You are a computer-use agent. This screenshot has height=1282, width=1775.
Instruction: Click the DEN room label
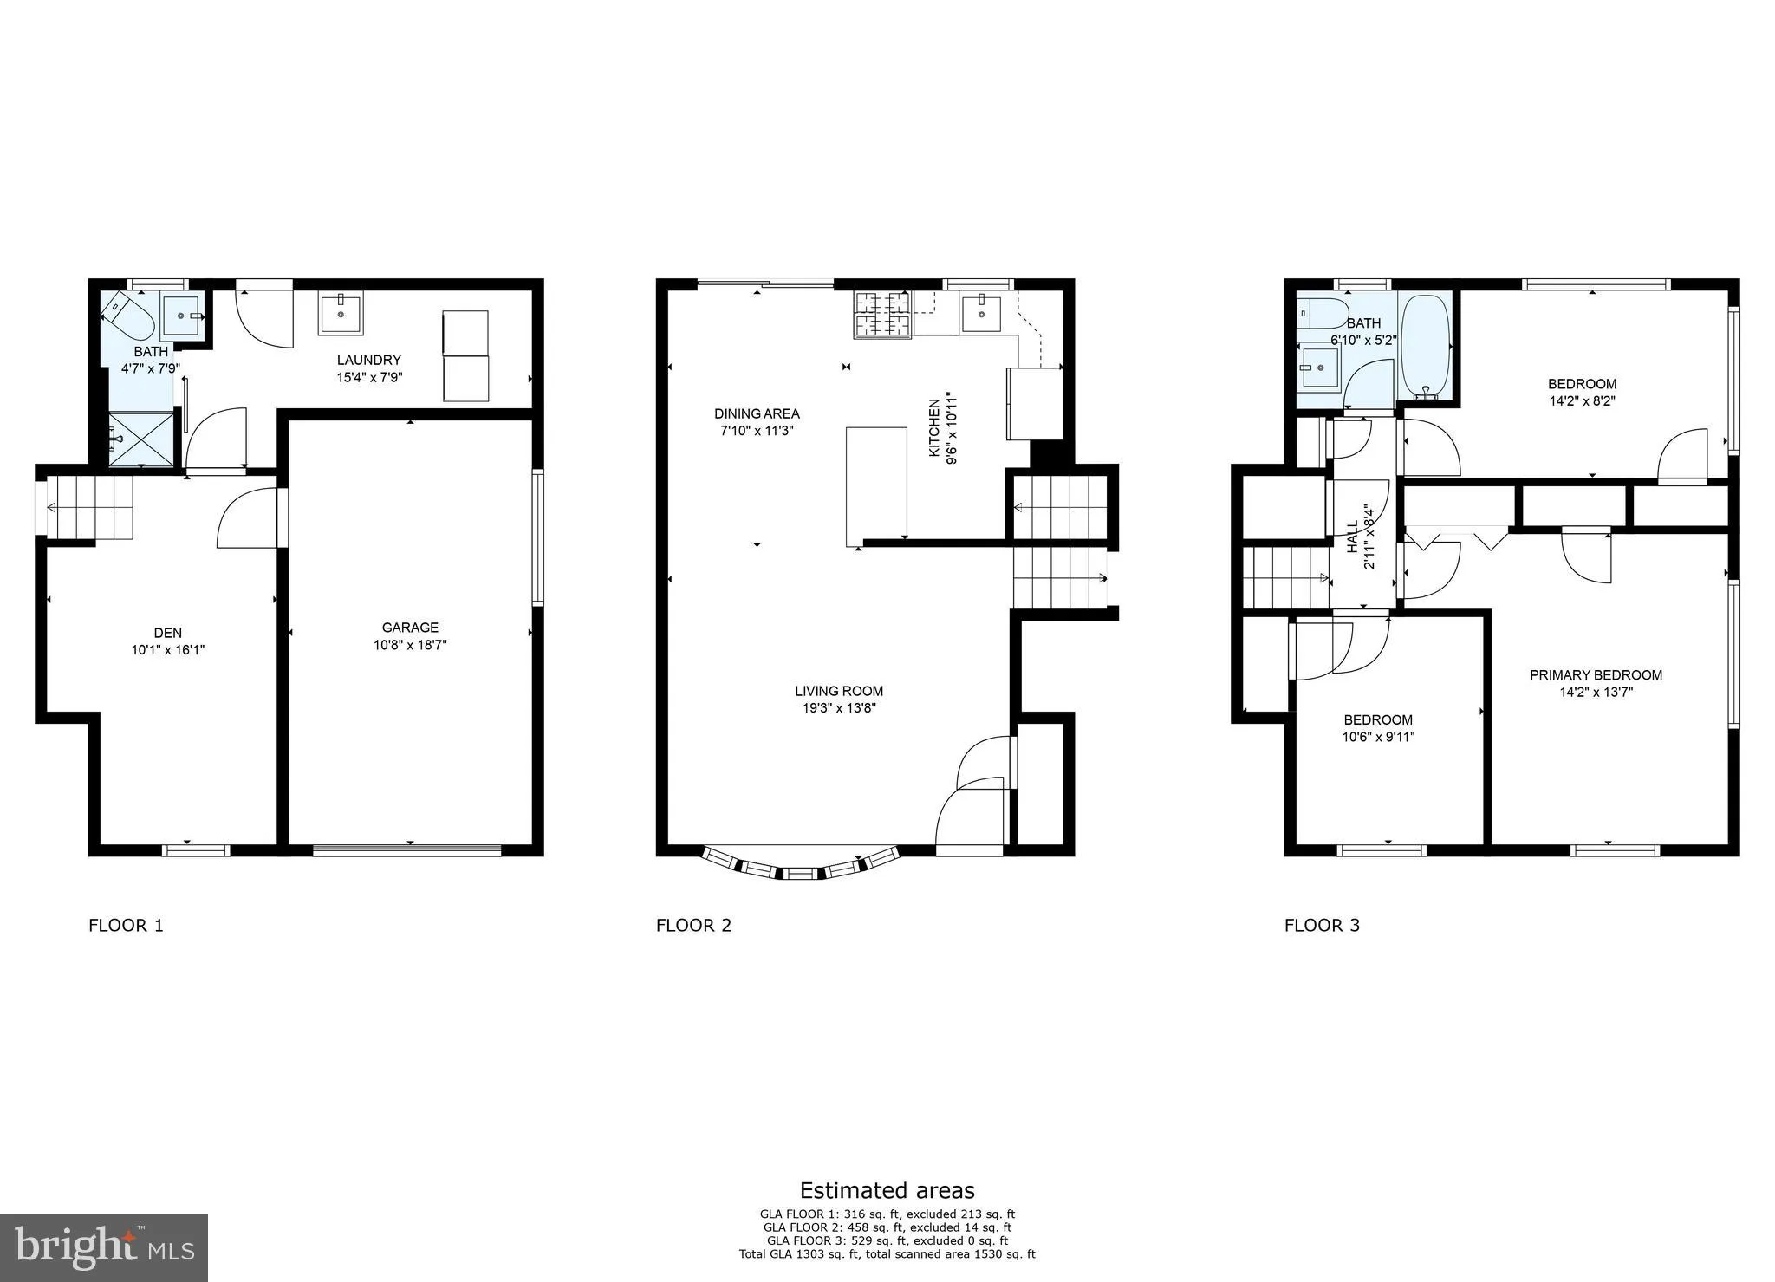[167, 633]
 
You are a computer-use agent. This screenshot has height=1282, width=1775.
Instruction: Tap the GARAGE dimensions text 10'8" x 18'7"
[410, 645]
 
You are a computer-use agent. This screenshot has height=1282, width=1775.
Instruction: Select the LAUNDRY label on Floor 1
[368, 360]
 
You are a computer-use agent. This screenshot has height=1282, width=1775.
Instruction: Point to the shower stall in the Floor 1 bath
[141, 439]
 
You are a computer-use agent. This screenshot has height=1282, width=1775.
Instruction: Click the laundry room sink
[341, 312]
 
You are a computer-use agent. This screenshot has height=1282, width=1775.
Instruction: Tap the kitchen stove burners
[882, 315]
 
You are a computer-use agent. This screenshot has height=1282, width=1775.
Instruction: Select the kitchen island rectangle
[876, 485]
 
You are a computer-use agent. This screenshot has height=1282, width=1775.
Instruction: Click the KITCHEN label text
[934, 428]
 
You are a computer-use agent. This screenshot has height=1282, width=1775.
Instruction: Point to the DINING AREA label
[757, 413]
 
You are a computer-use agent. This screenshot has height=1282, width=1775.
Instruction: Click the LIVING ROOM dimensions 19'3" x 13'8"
[839, 708]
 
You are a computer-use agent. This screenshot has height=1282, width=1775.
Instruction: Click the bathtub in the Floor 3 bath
[1425, 347]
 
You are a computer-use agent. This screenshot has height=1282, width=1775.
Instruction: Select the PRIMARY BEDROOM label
[1596, 675]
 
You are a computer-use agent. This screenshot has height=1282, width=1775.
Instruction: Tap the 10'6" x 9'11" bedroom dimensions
[1378, 737]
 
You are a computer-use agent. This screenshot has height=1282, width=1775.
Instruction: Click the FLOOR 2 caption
[693, 925]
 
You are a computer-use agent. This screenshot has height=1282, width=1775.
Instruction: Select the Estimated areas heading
[887, 1190]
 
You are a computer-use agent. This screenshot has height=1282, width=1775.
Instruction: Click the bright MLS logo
[104, 1247]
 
